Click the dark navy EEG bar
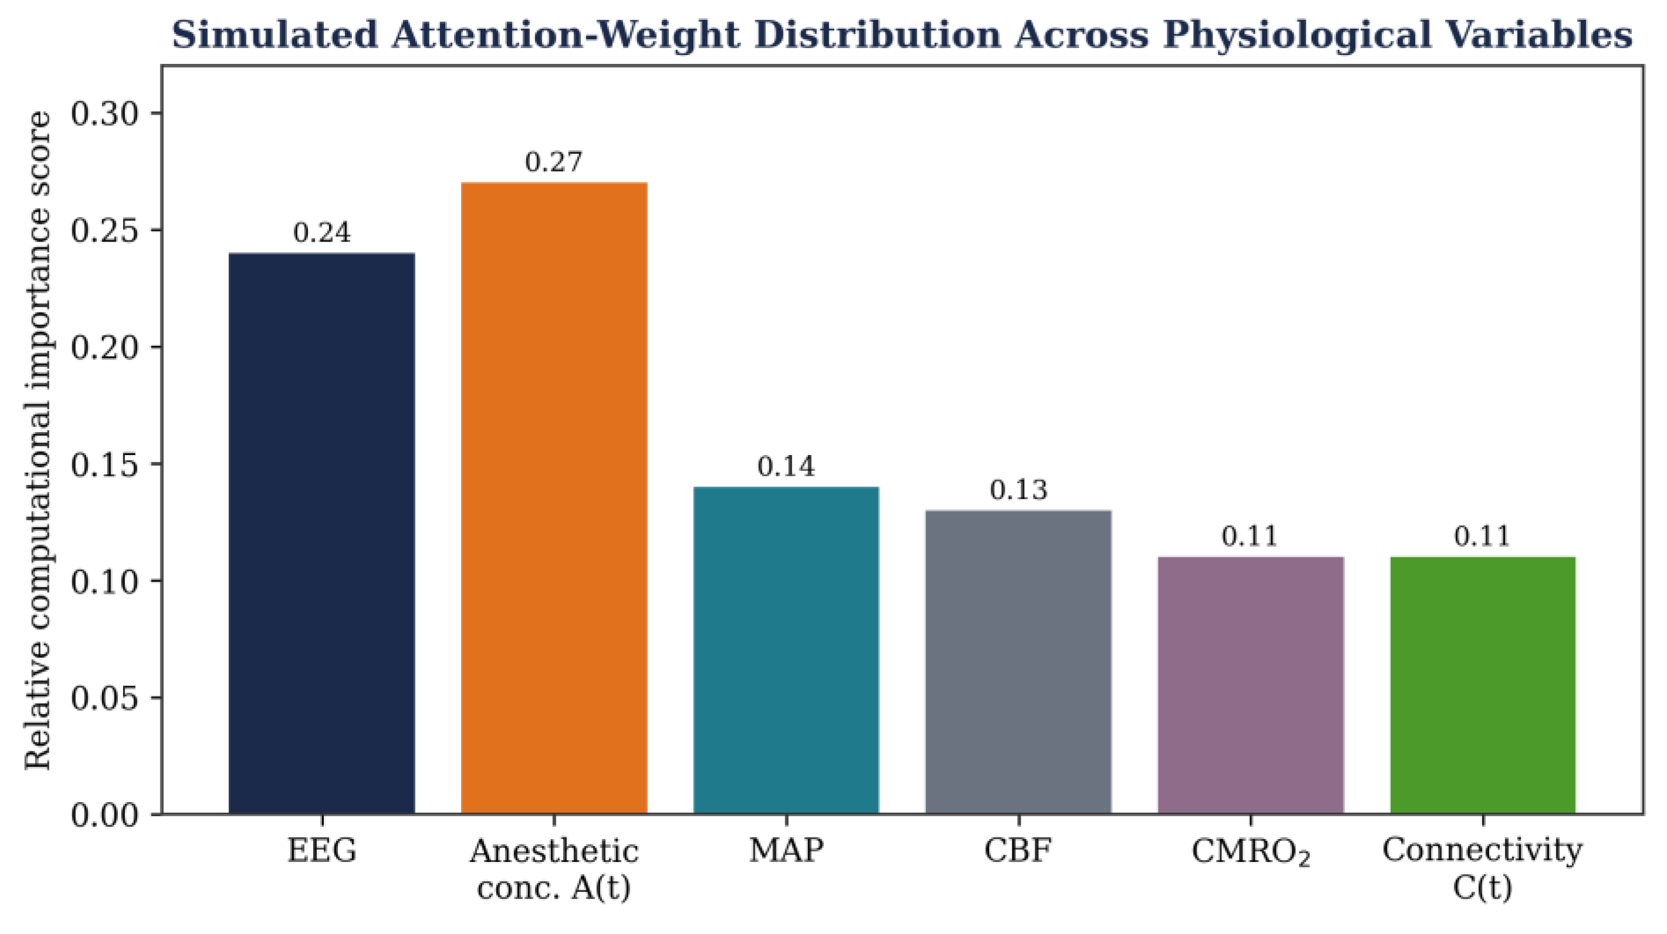coord(321,533)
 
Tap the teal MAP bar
coord(786,650)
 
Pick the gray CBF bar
coord(1019,662)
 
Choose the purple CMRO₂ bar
coord(1251,685)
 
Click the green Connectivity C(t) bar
coord(1483,685)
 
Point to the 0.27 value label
coord(554,162)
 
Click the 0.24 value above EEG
coord(321,232)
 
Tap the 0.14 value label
coord(786,466)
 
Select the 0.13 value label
coord(1019,490)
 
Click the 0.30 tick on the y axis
coord(105,114)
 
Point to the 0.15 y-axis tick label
coord(105,464)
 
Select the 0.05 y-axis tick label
coord(105,698)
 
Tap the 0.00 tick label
coord(105,815)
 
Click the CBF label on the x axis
coord(1019,850)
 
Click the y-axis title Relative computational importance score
coord(38,440)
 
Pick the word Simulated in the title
coord(275,35)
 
